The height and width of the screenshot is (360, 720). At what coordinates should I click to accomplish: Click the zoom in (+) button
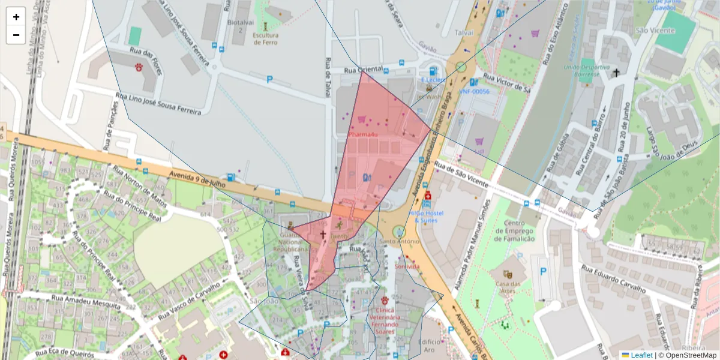pyautogui.click(x=16, y=17)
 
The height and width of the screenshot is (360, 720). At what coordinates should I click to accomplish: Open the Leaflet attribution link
pyautogui.click(x=641, y=355)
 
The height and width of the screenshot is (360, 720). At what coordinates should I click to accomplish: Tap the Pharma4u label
pyautogui.click(x=362, y=134)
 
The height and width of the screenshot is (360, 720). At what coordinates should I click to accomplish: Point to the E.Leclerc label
pyautogui.click(x=433, y=79)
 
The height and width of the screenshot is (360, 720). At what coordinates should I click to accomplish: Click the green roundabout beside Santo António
pyautogui.click(x=398, y=231)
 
